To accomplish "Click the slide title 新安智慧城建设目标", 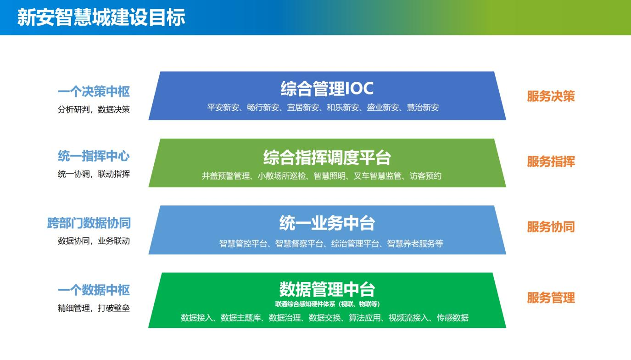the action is tap(101, 17).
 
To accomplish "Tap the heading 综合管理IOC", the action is tap(327, 88).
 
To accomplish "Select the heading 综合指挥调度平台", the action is tap(327, 157).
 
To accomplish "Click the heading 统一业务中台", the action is tap(327, 223).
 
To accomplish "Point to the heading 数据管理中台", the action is tap(327, 289).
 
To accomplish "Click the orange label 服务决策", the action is tap(551, 96).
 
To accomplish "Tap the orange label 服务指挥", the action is tap(551, 162).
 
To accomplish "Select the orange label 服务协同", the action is tap(551, 227).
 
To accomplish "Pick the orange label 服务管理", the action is tap(551, 298).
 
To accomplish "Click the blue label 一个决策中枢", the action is tap(94, 92).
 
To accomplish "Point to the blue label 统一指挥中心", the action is tap(94, 156).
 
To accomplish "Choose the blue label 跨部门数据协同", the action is tap(89, 223).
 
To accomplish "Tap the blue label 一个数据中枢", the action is tap(94, 290).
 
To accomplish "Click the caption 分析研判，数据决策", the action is tap(94, 109).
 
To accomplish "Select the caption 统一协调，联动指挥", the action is tap(94, 174).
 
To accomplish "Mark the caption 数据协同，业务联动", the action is tap(94, 241).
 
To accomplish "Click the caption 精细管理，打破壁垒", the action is tap(94, 308).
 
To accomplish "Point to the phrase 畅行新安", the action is tap(263, 107).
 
